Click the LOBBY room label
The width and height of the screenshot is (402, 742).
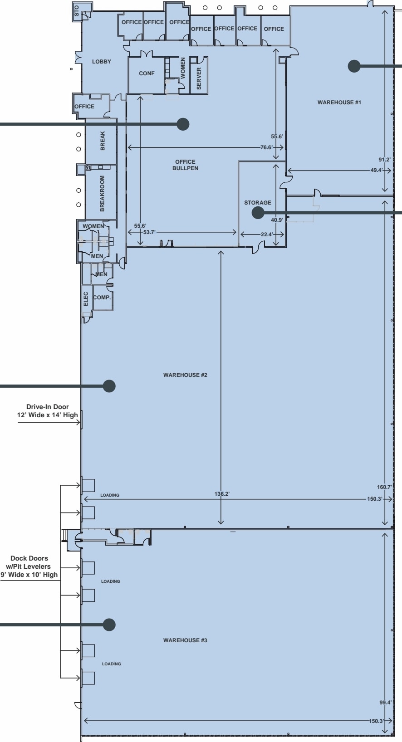[102, 62]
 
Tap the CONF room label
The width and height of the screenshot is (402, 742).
[147, 73]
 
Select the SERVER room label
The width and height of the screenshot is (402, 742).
[199, 78]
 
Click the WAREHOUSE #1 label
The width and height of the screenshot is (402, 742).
[339, 103]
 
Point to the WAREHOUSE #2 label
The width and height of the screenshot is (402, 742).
[185, 375]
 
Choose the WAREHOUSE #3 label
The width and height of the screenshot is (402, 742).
[185, 640]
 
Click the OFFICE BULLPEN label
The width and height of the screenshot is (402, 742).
[185, 165]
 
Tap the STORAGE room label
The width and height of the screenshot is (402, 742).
[258, 203]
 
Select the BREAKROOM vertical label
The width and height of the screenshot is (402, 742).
[102, 193]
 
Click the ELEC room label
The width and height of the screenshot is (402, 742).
[86, 298]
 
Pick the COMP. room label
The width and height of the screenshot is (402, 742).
[102, 298]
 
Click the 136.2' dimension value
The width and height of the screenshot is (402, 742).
[222, 494]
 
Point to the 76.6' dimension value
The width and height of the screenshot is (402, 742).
[266, 147]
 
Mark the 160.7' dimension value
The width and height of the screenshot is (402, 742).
[384, 487]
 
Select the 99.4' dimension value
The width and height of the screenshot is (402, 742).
[385, 703]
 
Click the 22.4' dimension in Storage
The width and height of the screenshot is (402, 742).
[266, 234]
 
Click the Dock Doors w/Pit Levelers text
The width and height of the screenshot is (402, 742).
[29, 566]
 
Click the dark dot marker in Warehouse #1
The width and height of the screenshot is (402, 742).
[354, 66]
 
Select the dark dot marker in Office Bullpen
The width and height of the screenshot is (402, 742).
[183, 124]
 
